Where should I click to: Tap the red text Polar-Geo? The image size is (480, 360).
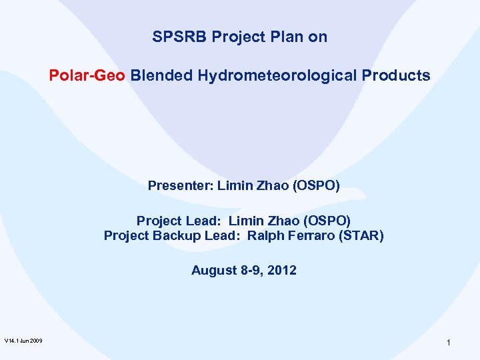tap(87, 76)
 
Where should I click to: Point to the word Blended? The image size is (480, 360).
tap(162, 76)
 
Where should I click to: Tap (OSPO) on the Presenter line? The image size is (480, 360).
tap(317, 185)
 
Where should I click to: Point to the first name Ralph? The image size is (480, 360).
tap(266, 235)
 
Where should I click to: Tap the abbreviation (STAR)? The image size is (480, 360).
tap(363, 235)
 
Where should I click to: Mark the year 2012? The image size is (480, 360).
tap(281, 271)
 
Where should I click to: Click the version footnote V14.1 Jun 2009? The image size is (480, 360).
tap(23, 341)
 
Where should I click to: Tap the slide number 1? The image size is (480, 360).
tap(449, 342)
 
